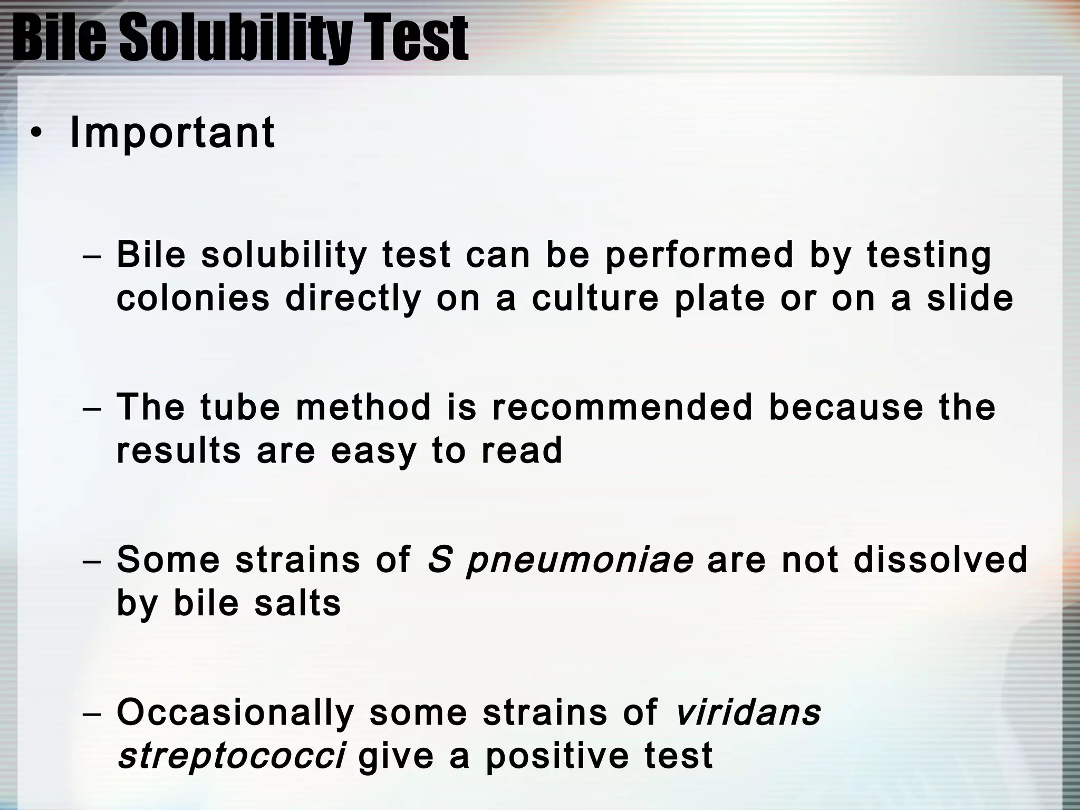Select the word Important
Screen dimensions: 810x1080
[172, 133]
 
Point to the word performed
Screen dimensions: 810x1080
[699, 255]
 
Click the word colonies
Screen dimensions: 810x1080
[193, 298]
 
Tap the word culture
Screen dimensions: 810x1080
[595, 298]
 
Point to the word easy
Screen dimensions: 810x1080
[373, 451]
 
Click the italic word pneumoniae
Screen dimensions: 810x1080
[580, 561]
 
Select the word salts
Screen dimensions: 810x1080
[297, 603]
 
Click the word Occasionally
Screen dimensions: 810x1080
[235, 713]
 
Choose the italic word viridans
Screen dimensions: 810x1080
[748, 712]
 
